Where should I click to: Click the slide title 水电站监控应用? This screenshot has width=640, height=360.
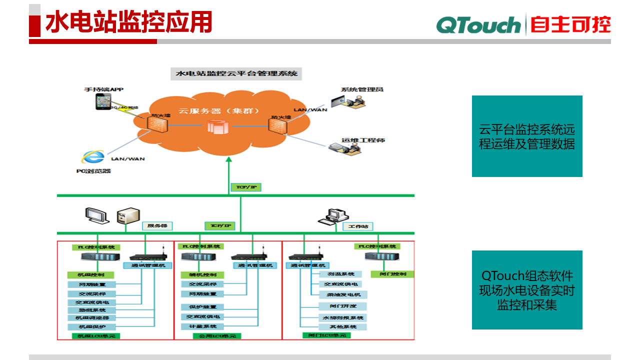(x=128, y=22)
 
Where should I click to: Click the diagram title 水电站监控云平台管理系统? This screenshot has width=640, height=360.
(x=236, y=74)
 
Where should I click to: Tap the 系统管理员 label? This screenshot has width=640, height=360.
(x=362, y=89)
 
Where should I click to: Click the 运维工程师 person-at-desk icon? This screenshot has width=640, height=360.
(x=345, y=146)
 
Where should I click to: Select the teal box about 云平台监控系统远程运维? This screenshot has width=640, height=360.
(x=527, y=136)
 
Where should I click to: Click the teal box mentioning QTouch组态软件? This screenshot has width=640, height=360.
(x=527, y=290)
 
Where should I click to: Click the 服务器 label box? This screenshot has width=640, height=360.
(x=157, y=226)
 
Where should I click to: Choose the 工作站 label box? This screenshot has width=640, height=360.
(x=358, y=226)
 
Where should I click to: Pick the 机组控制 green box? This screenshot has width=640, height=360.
(x=90, y=275)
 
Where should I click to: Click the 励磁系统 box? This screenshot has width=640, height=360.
(x=90, y=310)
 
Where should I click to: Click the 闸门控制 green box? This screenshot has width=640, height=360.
(x=392, y=274)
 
